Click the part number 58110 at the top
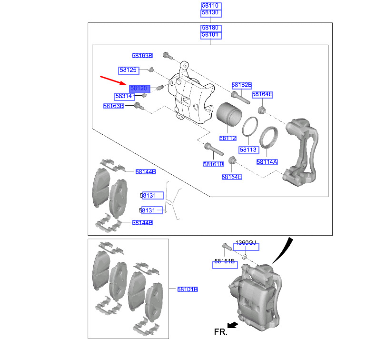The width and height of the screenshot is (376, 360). (210, 6)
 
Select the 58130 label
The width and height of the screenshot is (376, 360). (210, 12)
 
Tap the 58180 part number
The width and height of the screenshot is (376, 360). (210, 28)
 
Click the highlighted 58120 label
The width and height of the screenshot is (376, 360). (139, 89)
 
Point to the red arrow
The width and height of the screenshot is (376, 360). (113, 80)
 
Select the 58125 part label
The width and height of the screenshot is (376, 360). (129, 70)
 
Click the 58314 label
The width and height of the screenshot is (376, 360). (124, 96)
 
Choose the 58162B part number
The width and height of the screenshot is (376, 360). (242, 85)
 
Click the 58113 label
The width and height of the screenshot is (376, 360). (248, 150)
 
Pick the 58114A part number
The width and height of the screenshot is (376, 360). (267, 162)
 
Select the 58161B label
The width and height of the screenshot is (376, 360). (213, 164)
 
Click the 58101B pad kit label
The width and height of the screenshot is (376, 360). (188, 290)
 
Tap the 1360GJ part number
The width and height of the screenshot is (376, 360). (246, 243)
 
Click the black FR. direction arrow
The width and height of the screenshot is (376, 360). (233, 325)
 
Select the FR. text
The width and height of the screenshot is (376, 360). (221, 332)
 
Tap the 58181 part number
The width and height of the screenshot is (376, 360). (210, 35)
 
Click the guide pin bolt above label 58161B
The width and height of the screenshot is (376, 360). (214, 149)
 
